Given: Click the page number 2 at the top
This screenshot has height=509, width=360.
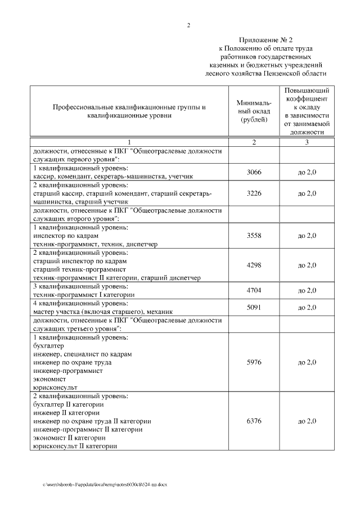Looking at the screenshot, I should [x=188, y=25].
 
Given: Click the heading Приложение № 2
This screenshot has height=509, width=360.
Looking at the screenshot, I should [x=266, y=40].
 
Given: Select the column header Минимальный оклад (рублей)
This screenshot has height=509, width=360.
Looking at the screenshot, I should [x=254, y=111].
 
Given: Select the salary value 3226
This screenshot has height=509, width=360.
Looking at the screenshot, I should [x=254, y=193].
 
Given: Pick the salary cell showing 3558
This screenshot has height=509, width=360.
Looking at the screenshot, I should [x=254, y=236].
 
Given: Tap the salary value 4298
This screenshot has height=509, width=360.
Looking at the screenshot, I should [x=254, y=265].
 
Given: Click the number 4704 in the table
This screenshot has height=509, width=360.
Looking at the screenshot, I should [x=254, y=290].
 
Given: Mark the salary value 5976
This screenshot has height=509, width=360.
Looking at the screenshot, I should [x=254, y=363].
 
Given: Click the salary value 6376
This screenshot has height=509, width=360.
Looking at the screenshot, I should [x=254, y=421].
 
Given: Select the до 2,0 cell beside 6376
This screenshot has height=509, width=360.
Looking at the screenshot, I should [x=307, y=421].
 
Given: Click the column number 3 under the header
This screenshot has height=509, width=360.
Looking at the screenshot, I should [x=307, y=142].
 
